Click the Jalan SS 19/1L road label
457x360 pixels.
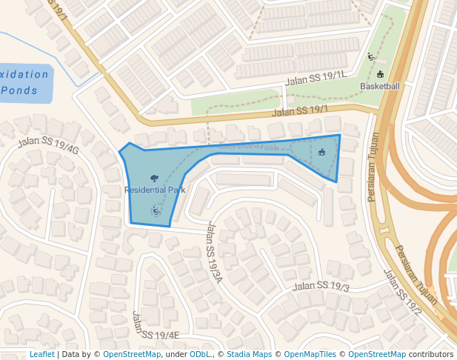[x=316, y=79]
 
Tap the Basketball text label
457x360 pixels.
[x=380, y=86]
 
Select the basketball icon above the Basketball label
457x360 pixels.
[x=381, y=74]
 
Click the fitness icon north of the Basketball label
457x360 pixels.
[x=372, y=57]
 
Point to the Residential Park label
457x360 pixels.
[x=155, y=190]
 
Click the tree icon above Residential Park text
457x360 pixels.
[x=154, y=178]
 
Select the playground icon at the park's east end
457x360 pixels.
[x=321, y=153]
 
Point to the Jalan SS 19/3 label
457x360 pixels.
[x=321, y=286]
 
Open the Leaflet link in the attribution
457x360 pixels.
[x=41, y=354]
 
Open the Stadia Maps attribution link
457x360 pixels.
[x=248, y=354]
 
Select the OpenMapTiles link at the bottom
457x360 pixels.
[x=310, y=354]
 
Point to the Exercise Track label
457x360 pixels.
[x=249, y=147]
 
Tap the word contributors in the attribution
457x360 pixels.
[x=431, y=354]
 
